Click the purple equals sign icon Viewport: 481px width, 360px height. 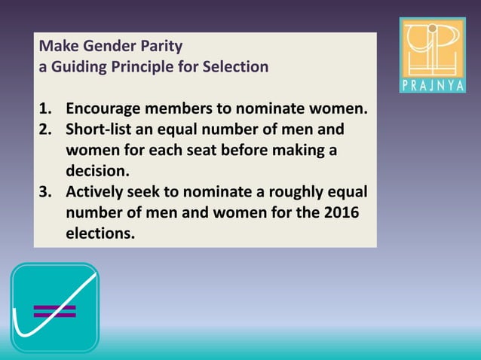tap(54, 311)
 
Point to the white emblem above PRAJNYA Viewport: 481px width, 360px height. tap(432, 47)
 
